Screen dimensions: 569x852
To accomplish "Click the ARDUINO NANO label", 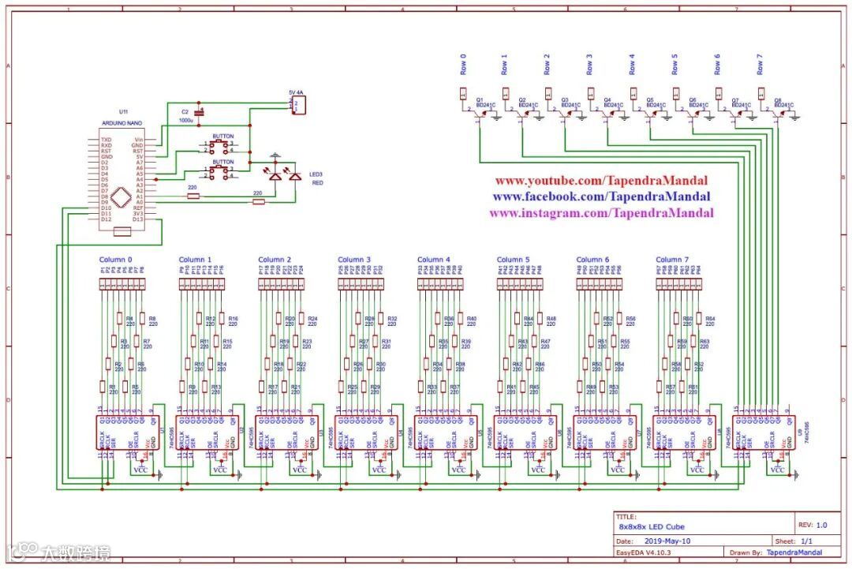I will coord(122,125).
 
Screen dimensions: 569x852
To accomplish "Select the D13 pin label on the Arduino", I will coord(138,219).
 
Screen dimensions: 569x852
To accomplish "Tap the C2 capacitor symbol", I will coord(200,114).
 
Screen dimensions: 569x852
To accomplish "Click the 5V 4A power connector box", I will coord(298,105).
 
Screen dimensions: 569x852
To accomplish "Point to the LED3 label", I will coord(316,174).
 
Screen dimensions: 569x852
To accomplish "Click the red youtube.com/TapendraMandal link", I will coord(601,181).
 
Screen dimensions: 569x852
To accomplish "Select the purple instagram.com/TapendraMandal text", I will coord(601,213).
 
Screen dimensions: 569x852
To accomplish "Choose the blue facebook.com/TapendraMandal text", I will coord(601,197).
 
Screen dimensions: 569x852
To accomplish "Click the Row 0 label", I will coord(463,64).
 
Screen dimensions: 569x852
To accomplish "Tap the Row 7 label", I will coord(760,64).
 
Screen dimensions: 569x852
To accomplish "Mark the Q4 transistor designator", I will coord(607,99).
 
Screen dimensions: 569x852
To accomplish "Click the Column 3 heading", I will coord(354,260).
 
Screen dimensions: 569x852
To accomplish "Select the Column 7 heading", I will coord(672,260).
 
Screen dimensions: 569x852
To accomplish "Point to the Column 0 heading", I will coord(116,260).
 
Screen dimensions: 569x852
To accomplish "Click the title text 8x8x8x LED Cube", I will coord(652,526).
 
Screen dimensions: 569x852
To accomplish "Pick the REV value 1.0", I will coord(821,525).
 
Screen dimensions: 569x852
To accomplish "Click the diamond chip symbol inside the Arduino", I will coord(121,196).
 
